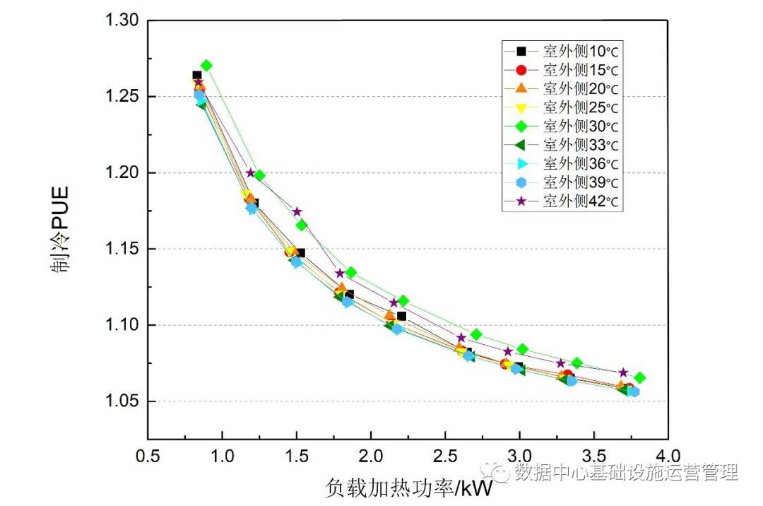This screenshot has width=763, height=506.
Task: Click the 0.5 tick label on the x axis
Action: click(148, 454)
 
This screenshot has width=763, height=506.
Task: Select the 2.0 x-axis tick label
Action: click(371, 454)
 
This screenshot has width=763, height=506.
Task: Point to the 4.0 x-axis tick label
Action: click(668, 454)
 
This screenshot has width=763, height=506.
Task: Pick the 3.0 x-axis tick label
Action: click(519, 454)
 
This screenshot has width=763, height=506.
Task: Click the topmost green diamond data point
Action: click(206, 66)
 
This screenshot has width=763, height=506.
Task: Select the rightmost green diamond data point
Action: click(639, 378)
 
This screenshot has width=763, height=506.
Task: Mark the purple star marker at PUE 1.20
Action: click(251, 172)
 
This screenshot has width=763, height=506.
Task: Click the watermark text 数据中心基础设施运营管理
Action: click(626, 471)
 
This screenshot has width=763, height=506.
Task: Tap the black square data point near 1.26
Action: click(197, 75)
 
